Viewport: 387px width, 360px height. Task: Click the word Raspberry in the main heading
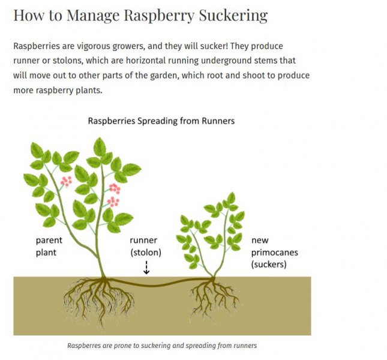point(152,15)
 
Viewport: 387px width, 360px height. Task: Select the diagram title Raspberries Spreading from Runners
point(161,121)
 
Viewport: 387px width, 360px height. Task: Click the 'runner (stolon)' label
point(146,247)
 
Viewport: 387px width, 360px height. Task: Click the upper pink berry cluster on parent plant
point(66,180)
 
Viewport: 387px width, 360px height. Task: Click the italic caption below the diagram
point(162,346)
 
